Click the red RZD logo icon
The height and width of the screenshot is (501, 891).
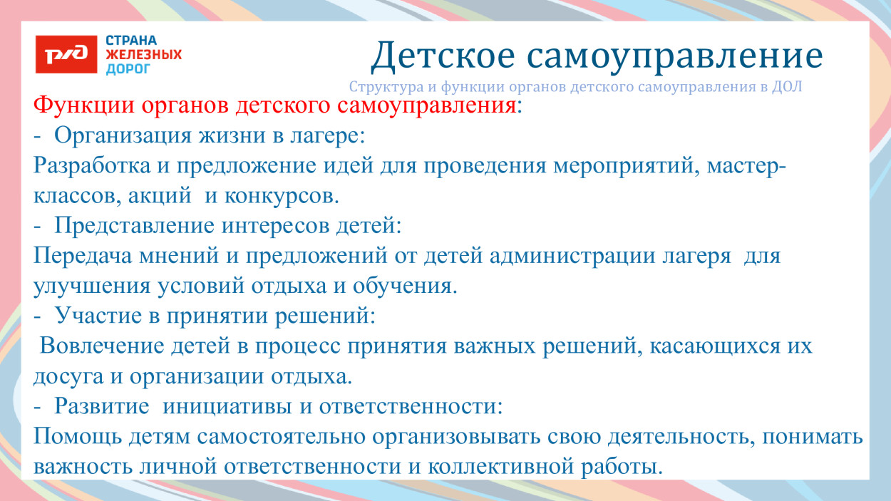[66, 55]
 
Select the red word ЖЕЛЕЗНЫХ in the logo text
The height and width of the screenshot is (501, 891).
[143, 55]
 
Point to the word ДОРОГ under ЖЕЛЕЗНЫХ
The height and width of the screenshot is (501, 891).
[128, 69]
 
